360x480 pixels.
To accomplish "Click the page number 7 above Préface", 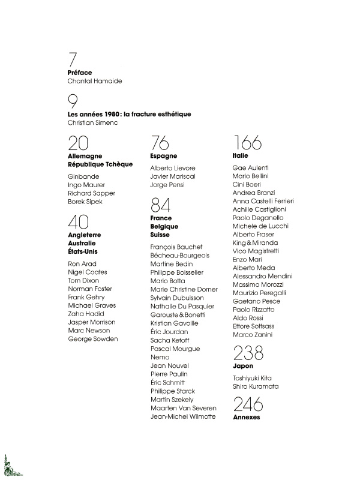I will (x=73, y=61).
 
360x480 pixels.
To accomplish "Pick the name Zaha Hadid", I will (x=86, y=314).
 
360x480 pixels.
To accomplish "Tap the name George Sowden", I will (x=93, y=339).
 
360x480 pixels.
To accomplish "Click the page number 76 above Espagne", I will (x=160, y=143).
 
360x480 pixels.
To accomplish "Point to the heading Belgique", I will (x=165, y=227).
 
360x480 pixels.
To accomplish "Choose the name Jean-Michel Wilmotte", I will (x=183, y=416).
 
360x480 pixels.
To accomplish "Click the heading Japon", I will (x=243, y=365).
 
